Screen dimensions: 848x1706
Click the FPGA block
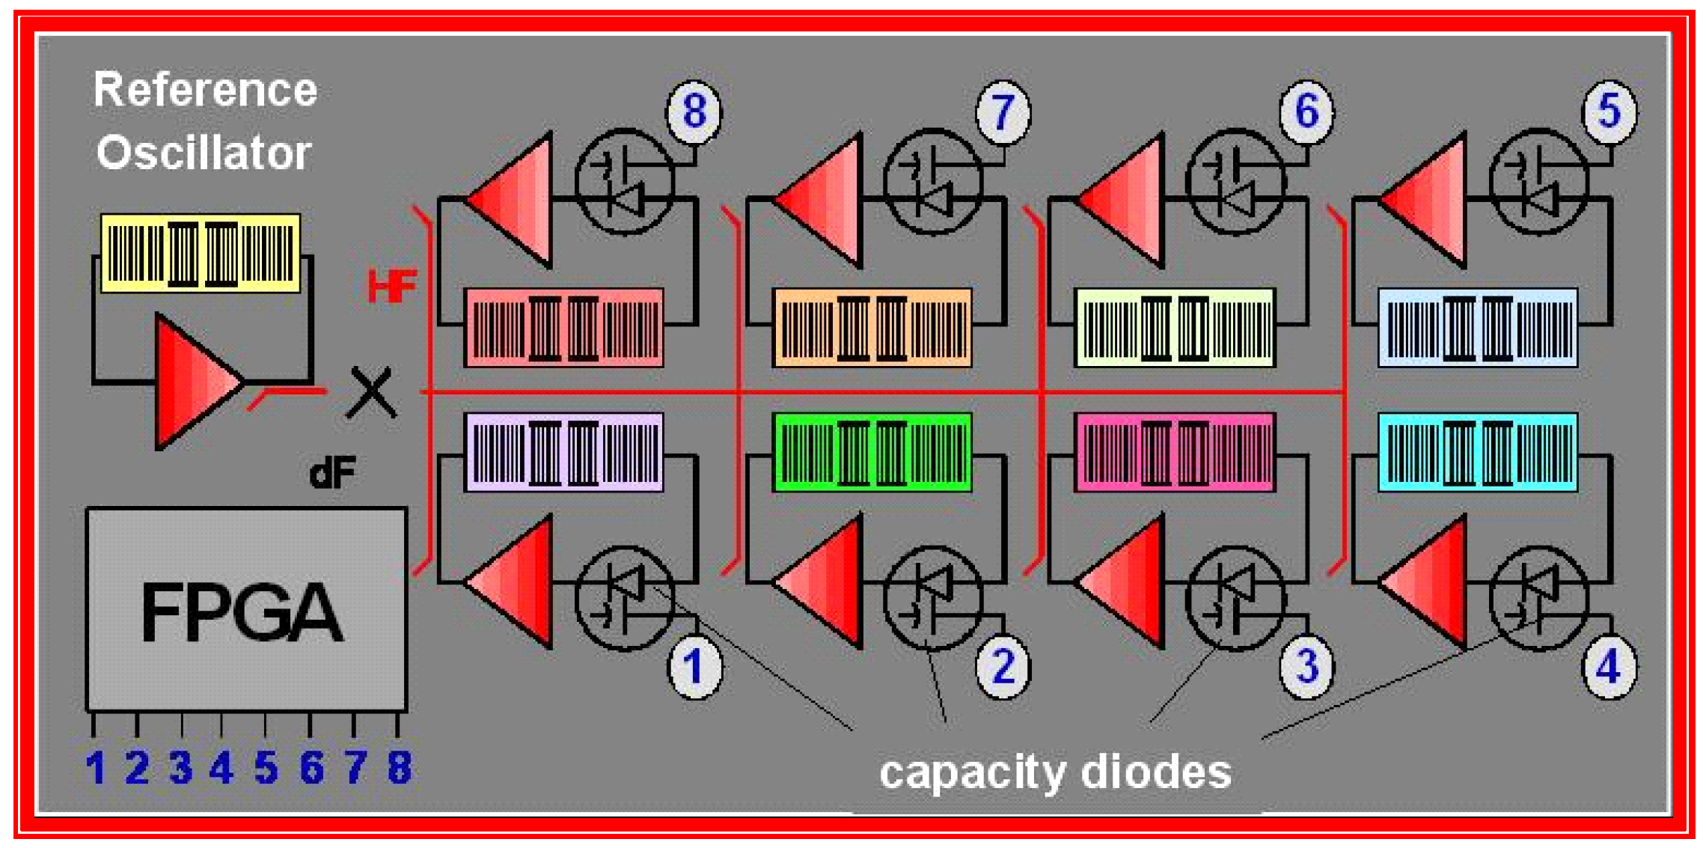pyautogui.click(x=246, y=609)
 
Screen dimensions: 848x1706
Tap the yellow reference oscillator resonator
pyautogui.click(x=201, y=253)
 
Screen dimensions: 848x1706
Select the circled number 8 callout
pyautogui.click(x=694, y=112)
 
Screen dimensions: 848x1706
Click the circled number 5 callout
pyautogui.click(x=1609, y=112)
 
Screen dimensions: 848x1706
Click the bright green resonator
pyautogui.click(x=872, y=452)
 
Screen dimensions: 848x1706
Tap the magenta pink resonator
pyautogui.click(x=1175, y=452)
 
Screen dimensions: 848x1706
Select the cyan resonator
pyautogui.click(x=1478, y=452)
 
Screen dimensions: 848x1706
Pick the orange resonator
pyautogui.click(x=872, y=328)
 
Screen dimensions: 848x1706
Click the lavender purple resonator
pyautogui.click(x=563, y=452)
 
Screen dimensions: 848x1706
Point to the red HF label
pyautogui.click(x=391, y=286)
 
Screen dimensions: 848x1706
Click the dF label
pyautogui.click(x=332, y=473)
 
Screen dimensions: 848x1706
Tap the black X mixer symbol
pyautogui.click(x=371, y=392)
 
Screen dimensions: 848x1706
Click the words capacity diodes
pyautogui.click(x=1055, y=772)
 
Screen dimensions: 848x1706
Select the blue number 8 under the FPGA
pyautogui.click(x=400, y=767)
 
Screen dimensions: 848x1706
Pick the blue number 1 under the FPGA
pyautogui.click(x=95, y=767)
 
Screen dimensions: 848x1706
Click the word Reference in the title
pyautogui.click(x=205, y=90)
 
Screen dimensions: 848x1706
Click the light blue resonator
pyautogui.click(x=1478, y=328)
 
